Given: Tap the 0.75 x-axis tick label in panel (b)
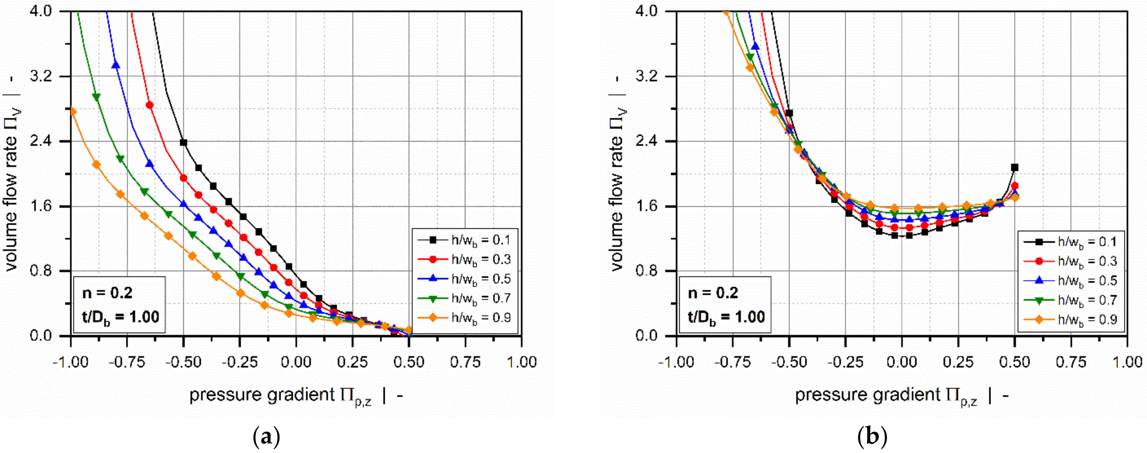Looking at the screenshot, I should click(x=1071, y=362).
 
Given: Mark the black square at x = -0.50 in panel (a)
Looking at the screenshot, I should click(x=183, y=143).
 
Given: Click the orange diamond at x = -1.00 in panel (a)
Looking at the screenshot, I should click(x=73, y=112).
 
